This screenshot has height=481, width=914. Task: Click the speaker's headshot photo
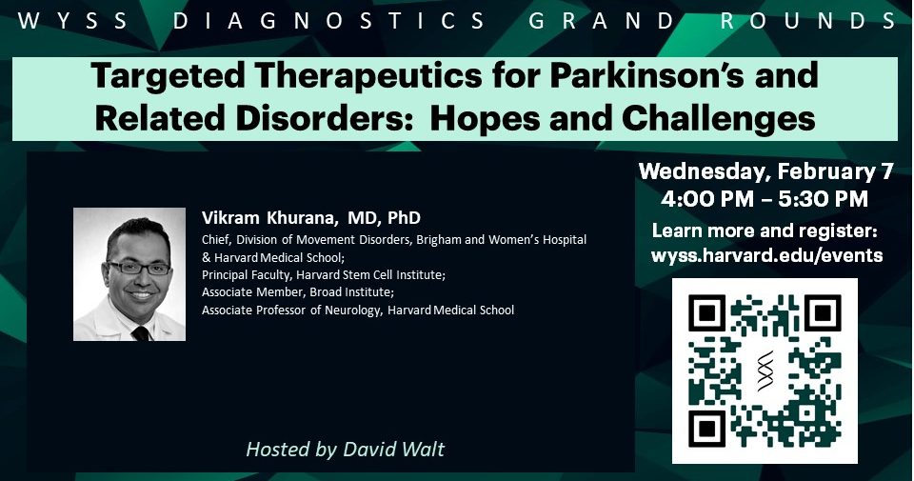(x=129, y=274)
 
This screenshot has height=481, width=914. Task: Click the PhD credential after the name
(x=404, y=218)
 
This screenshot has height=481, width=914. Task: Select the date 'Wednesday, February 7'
(x=765, y=172)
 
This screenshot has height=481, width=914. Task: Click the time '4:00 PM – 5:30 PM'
(x=765, y=200)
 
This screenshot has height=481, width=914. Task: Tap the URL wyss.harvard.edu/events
(x=766, y=255)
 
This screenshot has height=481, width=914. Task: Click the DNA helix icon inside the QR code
(x=765, y=370)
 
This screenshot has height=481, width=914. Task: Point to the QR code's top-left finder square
(x=708, y=315)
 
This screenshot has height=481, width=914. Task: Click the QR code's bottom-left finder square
(x=708, y=427)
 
